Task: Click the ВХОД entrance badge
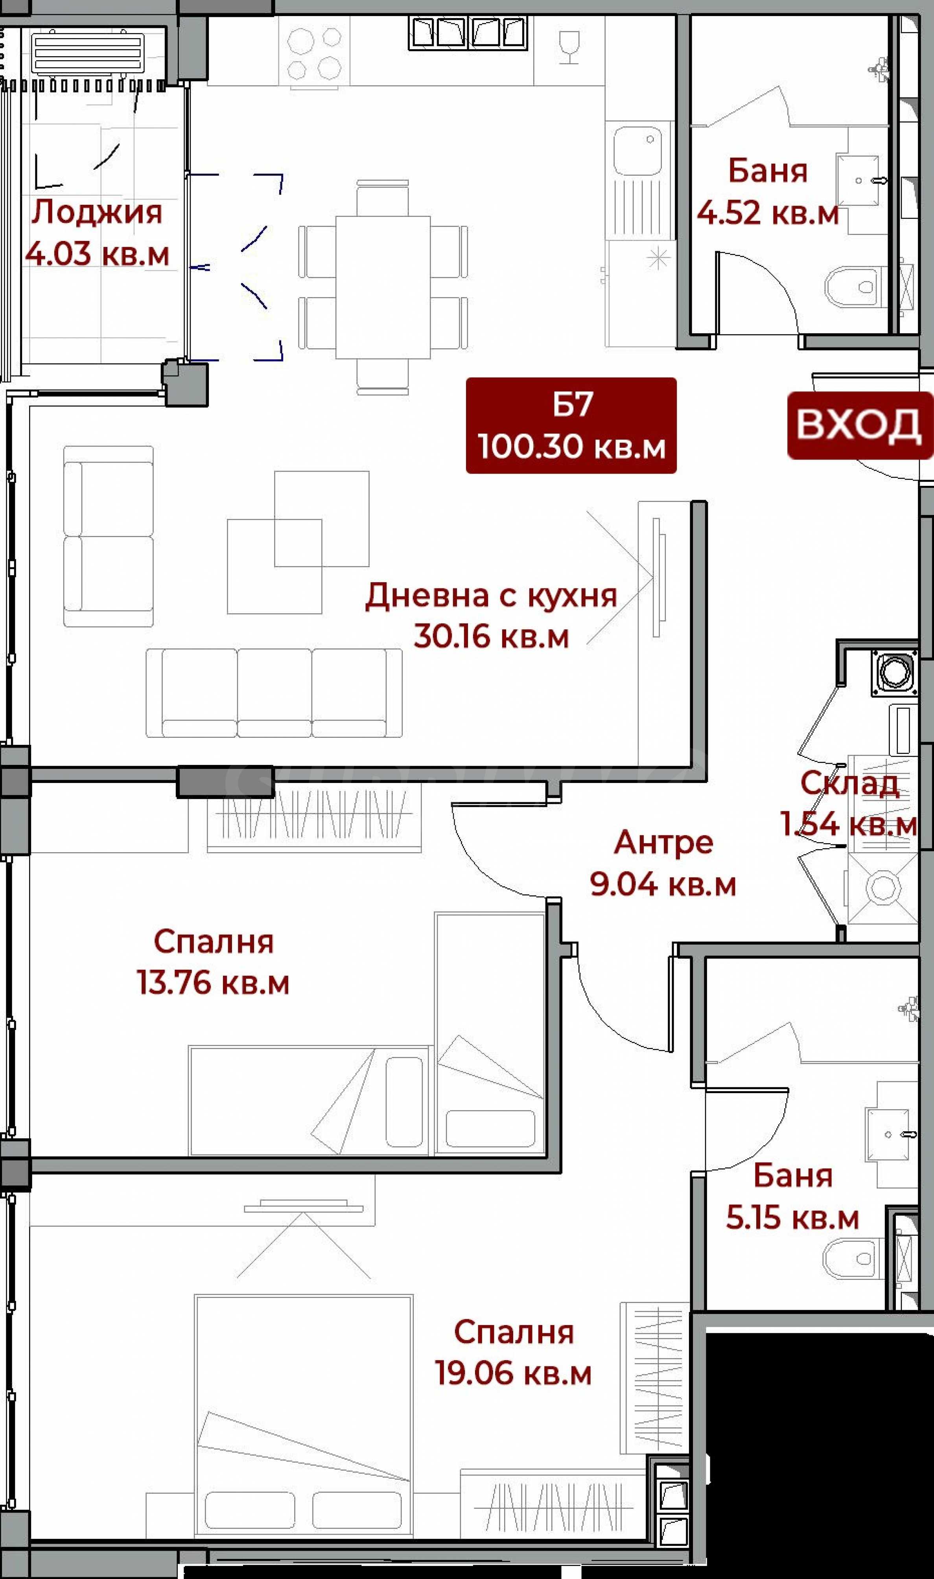point(860,426)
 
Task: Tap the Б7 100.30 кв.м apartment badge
point(571,425)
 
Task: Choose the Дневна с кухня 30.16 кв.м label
point(491,616)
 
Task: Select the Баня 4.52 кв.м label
point(767,191)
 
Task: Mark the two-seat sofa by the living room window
point(108,537)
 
